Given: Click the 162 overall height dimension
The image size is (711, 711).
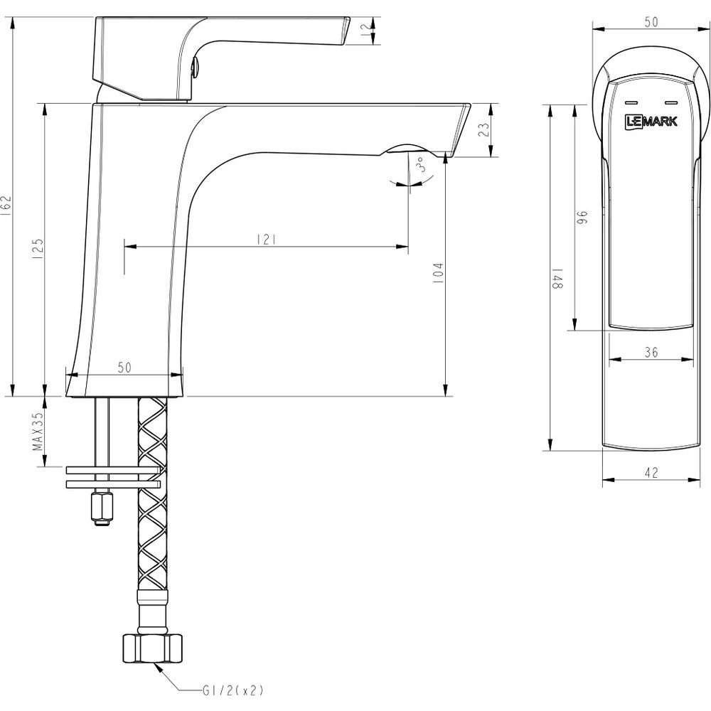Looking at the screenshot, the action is point(6,206).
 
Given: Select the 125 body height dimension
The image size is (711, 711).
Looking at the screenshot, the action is point(38,248).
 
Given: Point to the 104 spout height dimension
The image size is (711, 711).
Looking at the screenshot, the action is point(439,274).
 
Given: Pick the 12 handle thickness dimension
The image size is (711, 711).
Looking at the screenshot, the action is point(365,31).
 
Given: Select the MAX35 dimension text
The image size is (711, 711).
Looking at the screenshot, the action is point(38,431).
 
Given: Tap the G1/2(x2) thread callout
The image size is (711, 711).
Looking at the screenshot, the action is point(232,690).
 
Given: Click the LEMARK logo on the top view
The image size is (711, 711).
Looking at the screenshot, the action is point(651,121).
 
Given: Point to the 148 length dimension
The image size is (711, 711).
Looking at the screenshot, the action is point(557,278).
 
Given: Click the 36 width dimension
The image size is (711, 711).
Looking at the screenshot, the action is point(651,352).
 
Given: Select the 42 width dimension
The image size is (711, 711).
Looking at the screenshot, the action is point(651,473).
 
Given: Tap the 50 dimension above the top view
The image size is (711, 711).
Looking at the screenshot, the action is point(651,22).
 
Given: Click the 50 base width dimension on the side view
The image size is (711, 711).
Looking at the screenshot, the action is point(124,368).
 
